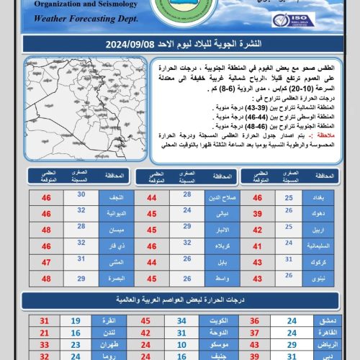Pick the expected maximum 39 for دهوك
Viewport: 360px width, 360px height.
tap(256, 213)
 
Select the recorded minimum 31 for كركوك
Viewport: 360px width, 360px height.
tap(289, 261)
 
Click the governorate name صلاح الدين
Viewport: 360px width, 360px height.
tap(221, 198)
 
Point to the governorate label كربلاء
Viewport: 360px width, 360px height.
tap(222, 246)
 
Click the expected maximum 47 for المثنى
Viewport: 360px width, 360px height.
tap(46, 262)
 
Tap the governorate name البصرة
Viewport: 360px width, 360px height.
tap(117, 278)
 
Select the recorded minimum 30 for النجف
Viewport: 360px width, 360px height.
tap(82, 195)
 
